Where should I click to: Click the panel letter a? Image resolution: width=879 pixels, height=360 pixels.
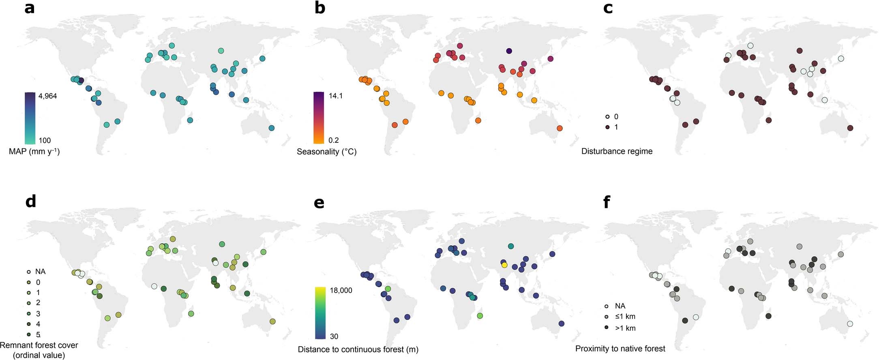[29, 8]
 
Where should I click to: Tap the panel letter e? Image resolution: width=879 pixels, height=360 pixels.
[319, 202]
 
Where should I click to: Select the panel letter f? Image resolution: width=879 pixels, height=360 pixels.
[607, 202]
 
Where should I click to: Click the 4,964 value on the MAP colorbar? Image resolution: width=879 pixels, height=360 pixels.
[47, 96]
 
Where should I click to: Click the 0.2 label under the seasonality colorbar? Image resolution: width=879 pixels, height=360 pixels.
[334, 140]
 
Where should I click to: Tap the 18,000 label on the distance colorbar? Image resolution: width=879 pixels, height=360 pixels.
[341, 290]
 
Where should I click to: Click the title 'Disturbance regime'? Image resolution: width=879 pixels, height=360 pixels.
[617, 151]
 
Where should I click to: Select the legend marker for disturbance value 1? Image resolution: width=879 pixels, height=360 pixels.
[607, 127]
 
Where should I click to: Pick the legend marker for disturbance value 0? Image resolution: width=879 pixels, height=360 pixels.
[607, 117]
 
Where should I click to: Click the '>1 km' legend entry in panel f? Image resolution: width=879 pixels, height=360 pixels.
[625, 328]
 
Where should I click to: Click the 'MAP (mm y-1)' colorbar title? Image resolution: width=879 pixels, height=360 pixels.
[34, 152]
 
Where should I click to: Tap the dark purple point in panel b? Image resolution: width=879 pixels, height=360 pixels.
[509, 51]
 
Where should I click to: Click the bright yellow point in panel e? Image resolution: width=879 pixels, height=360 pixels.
[504, 265]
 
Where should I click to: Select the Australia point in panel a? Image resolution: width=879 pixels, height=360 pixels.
[272, 128]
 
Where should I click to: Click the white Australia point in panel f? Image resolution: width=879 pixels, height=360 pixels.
[850, 324]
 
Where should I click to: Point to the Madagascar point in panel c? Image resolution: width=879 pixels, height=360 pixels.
[768, 120]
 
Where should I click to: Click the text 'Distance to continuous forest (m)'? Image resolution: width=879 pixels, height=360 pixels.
[358, 349]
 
